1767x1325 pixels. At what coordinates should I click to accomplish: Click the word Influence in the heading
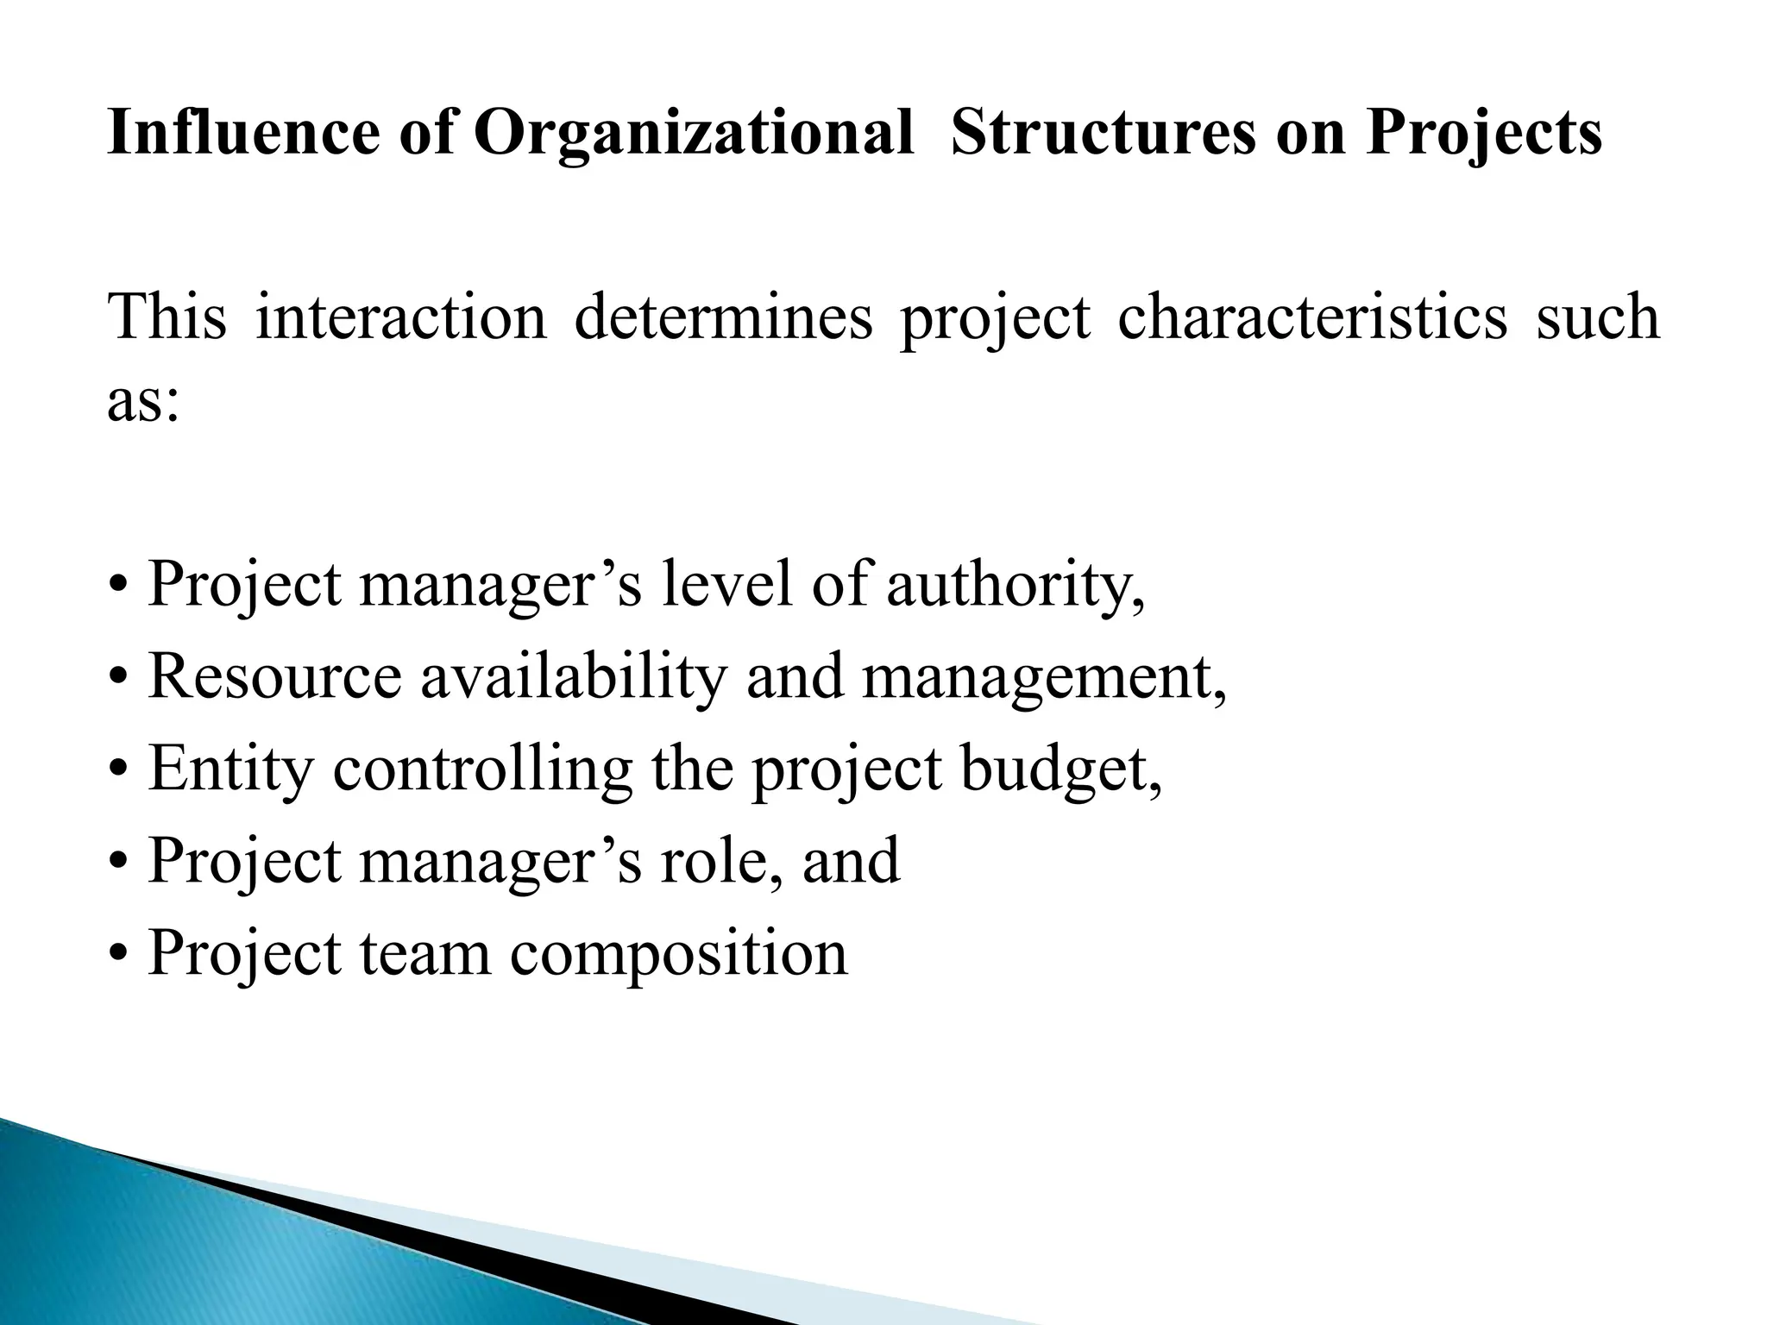point(242,135)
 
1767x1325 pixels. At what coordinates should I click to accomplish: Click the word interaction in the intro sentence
point(401,317)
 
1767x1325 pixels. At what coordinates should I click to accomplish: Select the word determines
point(723,317)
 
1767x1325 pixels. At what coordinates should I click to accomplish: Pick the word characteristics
point(1312,317)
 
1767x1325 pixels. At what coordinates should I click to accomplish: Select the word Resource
point(274,676)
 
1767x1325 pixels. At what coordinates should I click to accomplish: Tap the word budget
point(1060,769)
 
